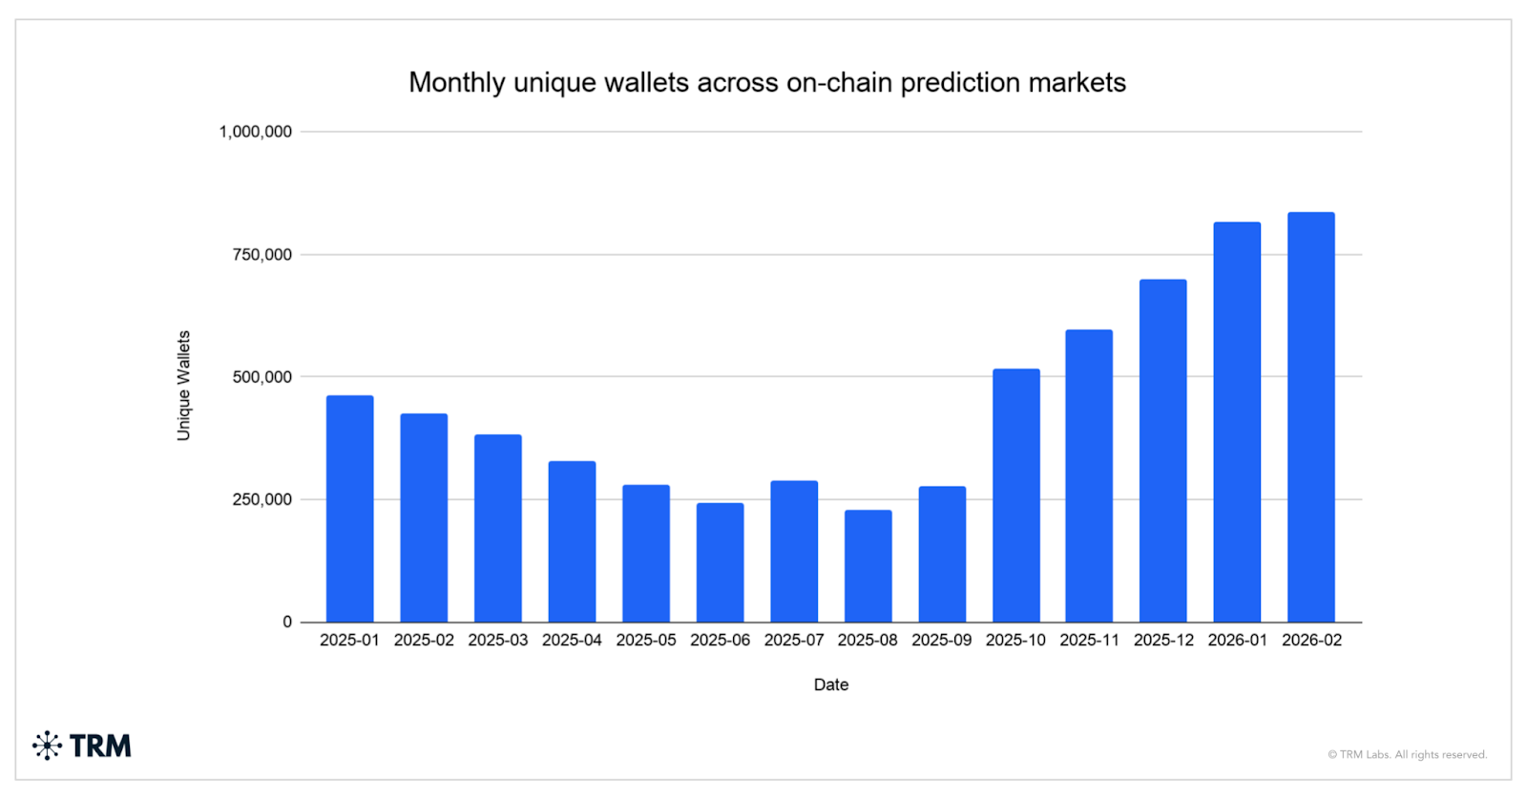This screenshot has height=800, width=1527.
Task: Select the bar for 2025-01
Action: (x=349, y=509)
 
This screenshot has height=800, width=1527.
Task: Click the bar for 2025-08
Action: (x=868, y=566)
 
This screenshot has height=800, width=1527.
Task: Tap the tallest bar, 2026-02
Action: (x=1310, y=417)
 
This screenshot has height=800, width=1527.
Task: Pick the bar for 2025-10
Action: (x=1015, y=495)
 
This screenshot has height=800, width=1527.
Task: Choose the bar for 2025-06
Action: (x=720, y=562)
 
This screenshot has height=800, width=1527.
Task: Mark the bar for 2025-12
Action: (x=1162, y=451)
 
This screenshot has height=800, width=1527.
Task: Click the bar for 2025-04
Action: (x=572, y=541)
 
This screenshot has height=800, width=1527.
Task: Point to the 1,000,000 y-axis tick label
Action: (x=255, y=132)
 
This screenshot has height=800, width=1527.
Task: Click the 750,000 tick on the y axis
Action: (x=261, y=255)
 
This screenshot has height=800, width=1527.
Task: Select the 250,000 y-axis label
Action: (x=261, y=499)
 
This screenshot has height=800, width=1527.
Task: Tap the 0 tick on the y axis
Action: (x=287, y=622)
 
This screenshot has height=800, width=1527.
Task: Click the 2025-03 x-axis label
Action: (x=497, y=641)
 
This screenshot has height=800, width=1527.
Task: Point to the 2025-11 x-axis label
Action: (x=1089, y=641)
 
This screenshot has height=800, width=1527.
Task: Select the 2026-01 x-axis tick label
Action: (x=1237, y=641)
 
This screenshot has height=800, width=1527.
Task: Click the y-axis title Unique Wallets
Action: (x=183, y=386)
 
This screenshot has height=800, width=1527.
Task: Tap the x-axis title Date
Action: (x=830, y=684)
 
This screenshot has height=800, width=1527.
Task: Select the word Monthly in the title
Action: (x=456, y=83)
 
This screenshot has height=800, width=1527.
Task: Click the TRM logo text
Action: (x=100, y=746)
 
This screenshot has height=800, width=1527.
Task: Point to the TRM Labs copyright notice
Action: (x=1407, y=754)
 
